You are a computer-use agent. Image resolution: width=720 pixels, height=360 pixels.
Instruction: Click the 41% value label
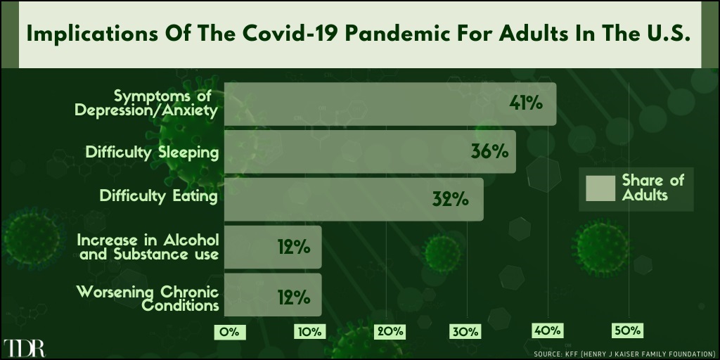(526, 104)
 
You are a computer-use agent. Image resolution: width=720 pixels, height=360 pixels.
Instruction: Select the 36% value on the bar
(489, 152)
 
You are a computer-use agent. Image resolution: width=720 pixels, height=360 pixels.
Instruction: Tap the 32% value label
(451, 199)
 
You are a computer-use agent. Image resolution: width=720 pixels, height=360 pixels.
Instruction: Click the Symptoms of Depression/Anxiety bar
(390, 104)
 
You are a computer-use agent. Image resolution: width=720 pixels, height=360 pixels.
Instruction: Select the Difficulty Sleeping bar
(370, 152)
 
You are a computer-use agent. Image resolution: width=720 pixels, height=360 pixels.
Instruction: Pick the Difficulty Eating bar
(354, 199)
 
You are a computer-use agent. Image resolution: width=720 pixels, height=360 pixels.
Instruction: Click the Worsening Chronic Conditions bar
(273, 295)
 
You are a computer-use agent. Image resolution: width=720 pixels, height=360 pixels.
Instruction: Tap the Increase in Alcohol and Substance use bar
(273, 247)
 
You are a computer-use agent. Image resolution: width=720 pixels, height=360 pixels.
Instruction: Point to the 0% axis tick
(230, 332)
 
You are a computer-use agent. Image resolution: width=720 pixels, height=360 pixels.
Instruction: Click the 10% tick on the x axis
(310, 332)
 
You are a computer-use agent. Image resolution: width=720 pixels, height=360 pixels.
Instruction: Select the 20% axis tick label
(390, 332)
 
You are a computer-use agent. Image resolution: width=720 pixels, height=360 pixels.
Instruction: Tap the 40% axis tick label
(547, 331)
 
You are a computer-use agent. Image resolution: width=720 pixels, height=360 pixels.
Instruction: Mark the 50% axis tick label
(627, 331)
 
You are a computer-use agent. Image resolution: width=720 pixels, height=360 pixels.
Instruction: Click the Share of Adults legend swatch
(600, 188)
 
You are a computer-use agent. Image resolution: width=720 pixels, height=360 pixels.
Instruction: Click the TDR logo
(24, 349)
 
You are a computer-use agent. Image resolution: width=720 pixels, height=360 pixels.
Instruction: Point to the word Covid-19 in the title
(266, 35)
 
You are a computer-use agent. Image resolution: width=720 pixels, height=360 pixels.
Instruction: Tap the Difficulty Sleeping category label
(152, 152)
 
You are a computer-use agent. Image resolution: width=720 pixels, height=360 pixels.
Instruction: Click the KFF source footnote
(622, 354)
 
